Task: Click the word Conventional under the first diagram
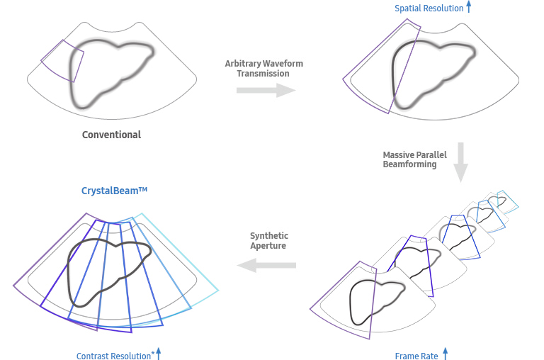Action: (x=111, y=135)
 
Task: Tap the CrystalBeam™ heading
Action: (x=113, y=191)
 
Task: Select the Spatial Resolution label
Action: (x=429, y=9)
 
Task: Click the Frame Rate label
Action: (x=416, y=356)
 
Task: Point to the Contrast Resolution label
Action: (x=113, y=356)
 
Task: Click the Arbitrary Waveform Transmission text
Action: (x=263, y=69)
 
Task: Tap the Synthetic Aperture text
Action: (x=269, y=240)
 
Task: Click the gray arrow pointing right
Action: (x=266, y=90)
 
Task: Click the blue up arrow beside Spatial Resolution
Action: (x=469, y=8)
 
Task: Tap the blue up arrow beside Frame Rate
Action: (x=446, y=354)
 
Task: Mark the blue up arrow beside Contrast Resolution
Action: (x=159, y=354)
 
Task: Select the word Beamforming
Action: (x=410, y=164)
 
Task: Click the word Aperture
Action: (x=269, y=245)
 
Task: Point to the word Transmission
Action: (x=263, y=74)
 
